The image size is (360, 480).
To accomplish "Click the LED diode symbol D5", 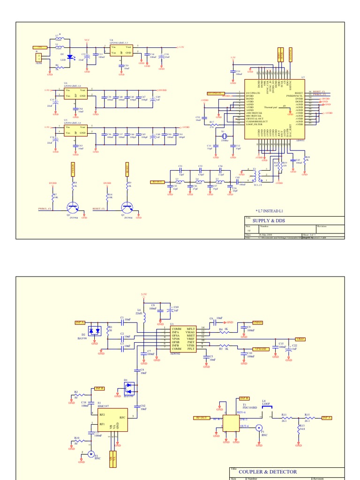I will coord(69,57).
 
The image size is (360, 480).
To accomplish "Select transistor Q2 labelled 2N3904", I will coord(73,206).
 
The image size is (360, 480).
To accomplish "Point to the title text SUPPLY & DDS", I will coord(269,220).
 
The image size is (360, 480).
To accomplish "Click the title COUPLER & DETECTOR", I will coord(268,472).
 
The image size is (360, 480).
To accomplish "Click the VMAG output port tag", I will coord(258,322).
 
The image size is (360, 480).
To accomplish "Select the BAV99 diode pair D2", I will coord(96,330).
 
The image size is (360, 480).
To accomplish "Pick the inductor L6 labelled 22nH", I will coord(144,318).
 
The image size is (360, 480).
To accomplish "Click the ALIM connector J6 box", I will coord(39,57).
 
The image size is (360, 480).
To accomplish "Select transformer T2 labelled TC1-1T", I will coord(256,176).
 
